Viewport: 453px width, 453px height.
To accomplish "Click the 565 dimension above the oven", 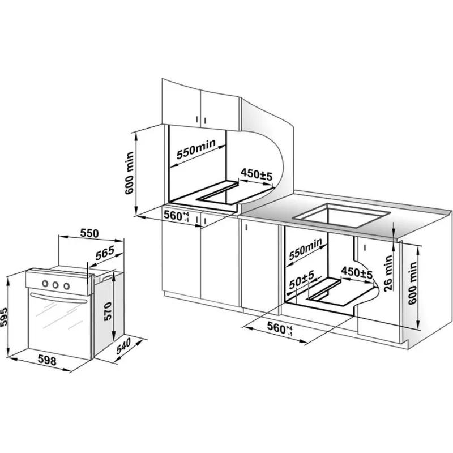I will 105,254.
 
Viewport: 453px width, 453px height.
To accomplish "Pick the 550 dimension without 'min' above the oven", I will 89,232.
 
